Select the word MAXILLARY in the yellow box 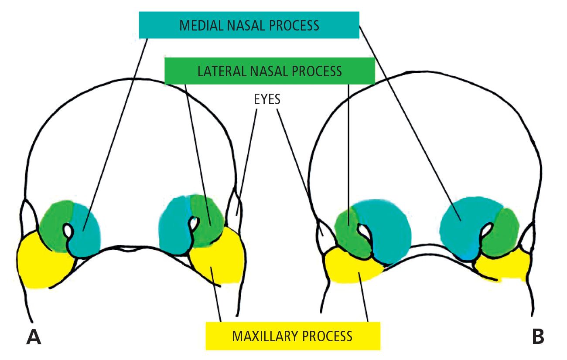[263, 336]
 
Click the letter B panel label [538, 337]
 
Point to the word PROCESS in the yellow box [328, 336]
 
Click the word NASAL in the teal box [242, 25]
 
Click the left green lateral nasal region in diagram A [55, 222]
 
